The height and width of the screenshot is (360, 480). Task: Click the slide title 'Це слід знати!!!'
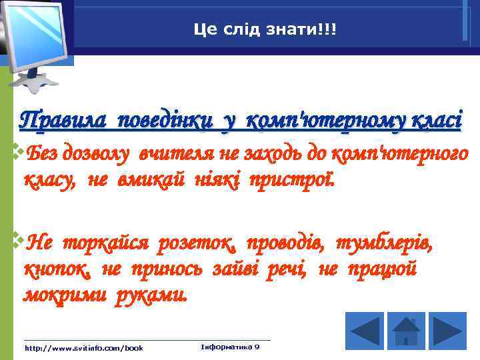coord(265,29)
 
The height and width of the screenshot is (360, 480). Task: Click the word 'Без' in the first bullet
coord(45,154)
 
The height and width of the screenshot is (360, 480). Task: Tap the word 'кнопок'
coord(57,269)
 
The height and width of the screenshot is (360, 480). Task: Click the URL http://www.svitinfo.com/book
coord(83,348)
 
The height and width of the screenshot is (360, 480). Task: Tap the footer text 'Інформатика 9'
coord(230,347)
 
